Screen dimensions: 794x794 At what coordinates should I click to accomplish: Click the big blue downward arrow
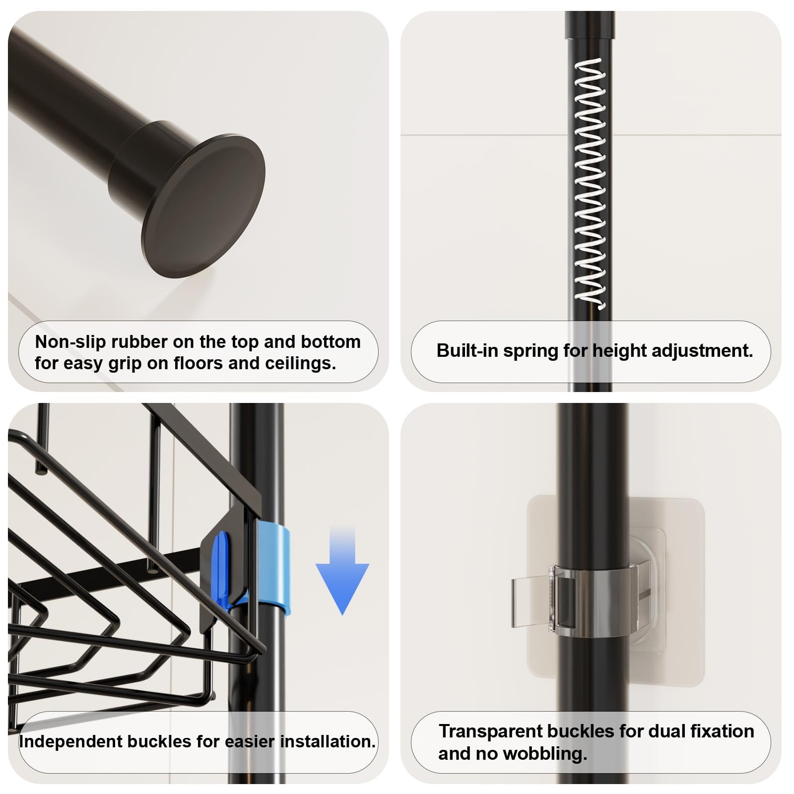342,570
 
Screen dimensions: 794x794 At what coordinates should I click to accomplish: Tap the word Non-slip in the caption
70,342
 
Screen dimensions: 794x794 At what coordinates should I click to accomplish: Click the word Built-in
467,351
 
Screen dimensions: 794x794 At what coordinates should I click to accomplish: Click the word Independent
70,742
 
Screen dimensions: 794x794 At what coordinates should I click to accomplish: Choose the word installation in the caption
328,742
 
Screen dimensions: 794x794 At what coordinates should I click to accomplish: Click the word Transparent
490,732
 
